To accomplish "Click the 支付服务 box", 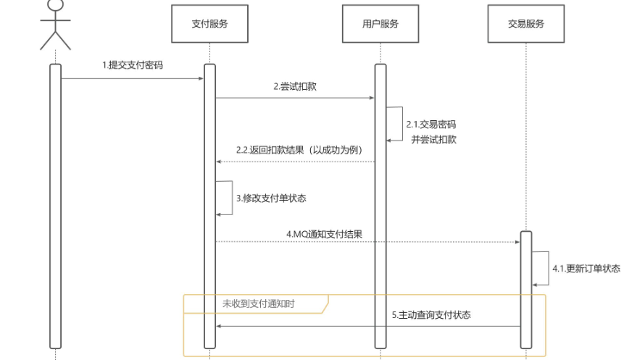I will tap(209, 23).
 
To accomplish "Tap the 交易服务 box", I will tap(525, 23).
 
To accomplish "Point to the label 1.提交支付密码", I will tap(133, 64).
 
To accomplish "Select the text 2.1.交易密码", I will tap(432, 124).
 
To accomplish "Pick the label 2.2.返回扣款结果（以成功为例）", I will tap(299, 150).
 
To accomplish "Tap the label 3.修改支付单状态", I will tap(265, 197).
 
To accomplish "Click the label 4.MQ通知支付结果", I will tap(324, 234).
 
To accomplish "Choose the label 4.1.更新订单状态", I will tap(586, 268).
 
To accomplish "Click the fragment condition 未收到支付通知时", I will tap(258, 304).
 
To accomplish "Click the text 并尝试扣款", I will tap(433, 140).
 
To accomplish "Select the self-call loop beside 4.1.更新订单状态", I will tap(541, 268).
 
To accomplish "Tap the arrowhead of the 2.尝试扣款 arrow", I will tap(371, 97).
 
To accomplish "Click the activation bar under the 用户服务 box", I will tap(380, 217).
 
